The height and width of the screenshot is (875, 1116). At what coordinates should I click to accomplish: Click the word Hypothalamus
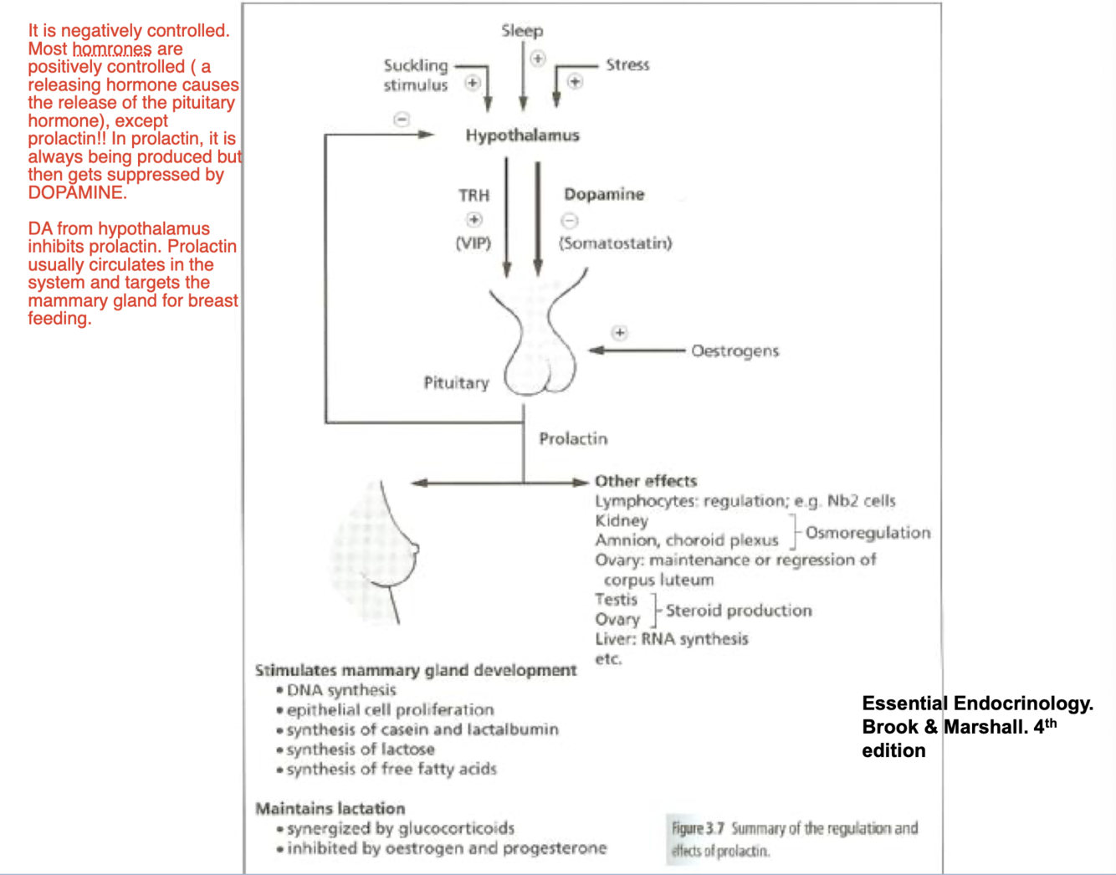(522, 136)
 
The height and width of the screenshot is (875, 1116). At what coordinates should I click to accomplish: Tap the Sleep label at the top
(522, 31)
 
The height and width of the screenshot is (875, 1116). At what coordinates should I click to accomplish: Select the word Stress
(627, 64)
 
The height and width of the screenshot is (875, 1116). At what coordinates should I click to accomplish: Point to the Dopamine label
(604, 194)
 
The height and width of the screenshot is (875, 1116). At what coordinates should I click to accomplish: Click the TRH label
(474, 195)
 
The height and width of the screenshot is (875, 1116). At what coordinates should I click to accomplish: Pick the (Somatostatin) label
(616, 243)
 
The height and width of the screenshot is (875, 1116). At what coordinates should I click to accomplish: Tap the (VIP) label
(474, 243)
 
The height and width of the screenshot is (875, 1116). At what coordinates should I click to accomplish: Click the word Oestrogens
(735, 351)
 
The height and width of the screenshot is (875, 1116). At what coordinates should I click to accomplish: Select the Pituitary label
(456, 383)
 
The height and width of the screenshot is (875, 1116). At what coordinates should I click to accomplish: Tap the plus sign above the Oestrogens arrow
(619, 333)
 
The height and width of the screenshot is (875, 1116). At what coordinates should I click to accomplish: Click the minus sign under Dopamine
(569, 221)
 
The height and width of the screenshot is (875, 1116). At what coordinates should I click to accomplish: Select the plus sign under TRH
(474, 219)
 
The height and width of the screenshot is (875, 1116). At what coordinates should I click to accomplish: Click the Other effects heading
(646, 481)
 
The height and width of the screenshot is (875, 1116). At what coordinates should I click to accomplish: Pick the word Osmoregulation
(868, 533)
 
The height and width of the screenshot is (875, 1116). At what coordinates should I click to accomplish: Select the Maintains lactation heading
(330, 809)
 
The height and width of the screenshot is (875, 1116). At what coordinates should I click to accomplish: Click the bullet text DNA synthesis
(341, 690)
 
